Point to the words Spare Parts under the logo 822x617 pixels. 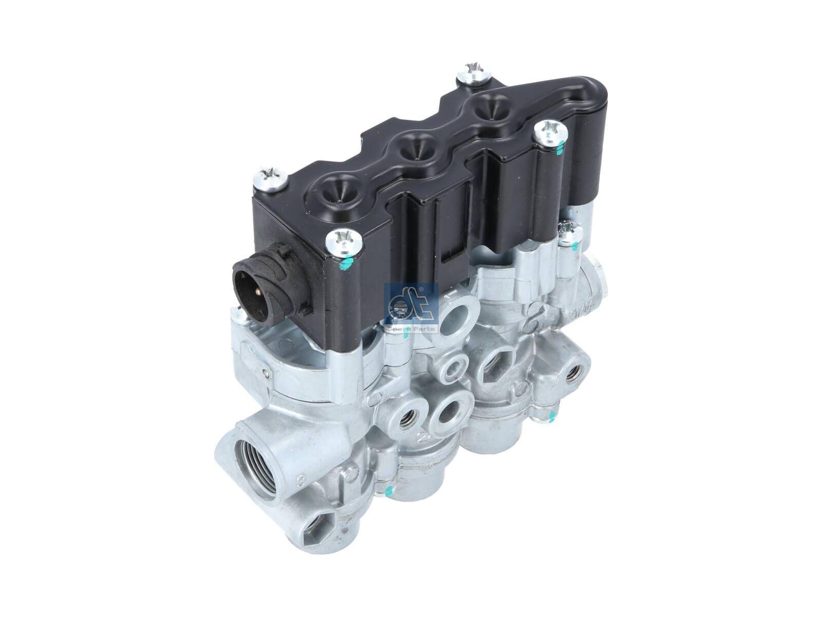tap(411, 329)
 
